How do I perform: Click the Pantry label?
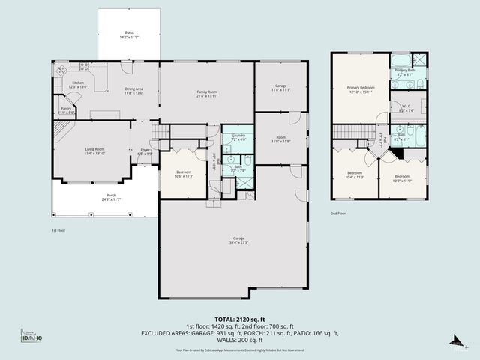click(x=67, y=109)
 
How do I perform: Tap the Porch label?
click(x=112, y=196)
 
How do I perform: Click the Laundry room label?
click(x=238, y=136)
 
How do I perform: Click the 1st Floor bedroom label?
click(x=184, y=174)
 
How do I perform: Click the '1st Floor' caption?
click(x=59, y=230)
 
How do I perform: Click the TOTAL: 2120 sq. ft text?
click(x=239, y=319)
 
